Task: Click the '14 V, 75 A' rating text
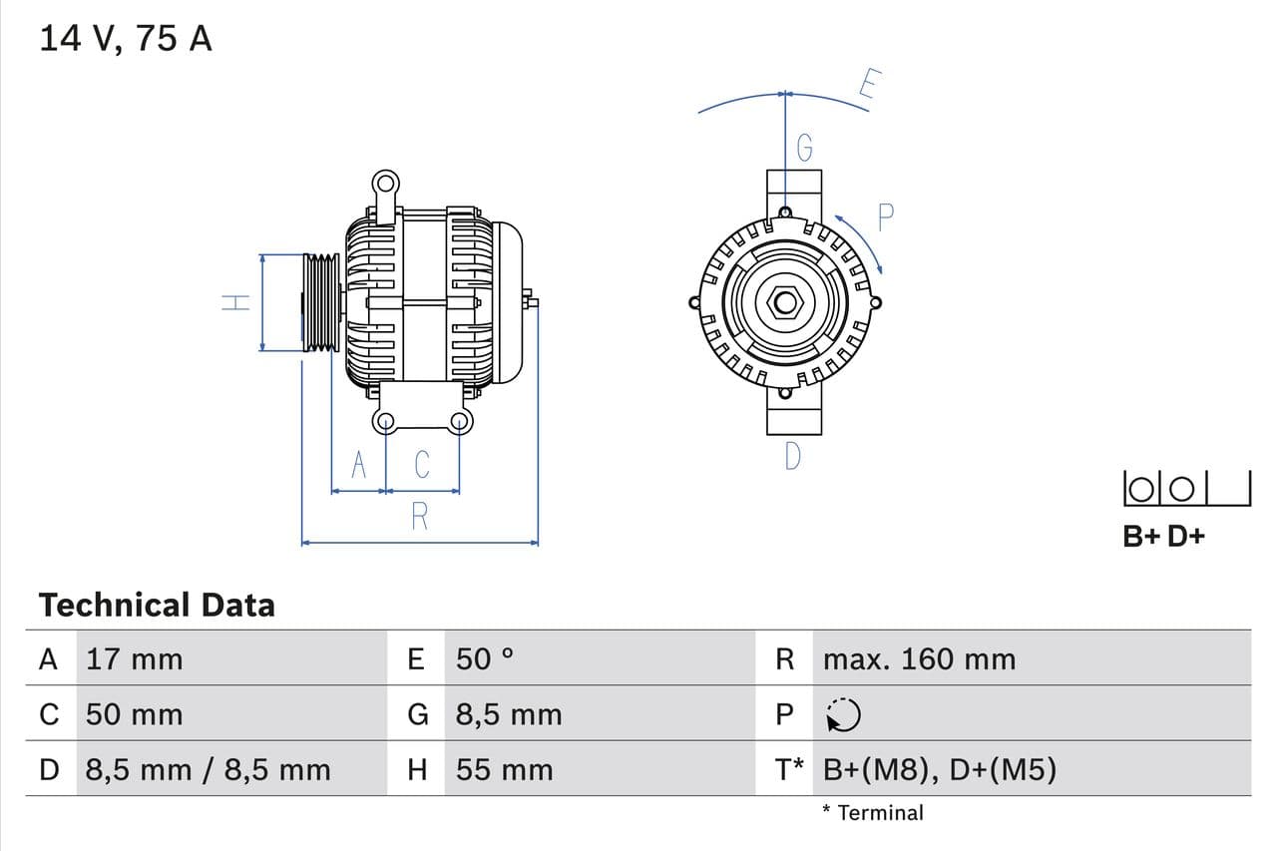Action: [x=125, y=38]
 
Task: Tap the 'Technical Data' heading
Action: [x=157, y=605]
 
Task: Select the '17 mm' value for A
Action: [x=135, y=658]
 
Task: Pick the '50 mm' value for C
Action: [x=135, y=714]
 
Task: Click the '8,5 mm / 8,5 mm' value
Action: [x=208, y=769]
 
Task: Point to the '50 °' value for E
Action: [x=485, y=658]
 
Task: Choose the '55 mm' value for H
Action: [x=504, y=769]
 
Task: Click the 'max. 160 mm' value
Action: [x=919, y=658]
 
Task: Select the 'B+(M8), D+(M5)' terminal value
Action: [x=939, y=769]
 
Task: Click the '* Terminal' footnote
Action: [x=873, y=812]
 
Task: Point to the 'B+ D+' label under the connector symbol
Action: [x=1163, y=536]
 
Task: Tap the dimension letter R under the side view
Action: [x=419, y=517]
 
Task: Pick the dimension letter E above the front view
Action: [x=868, y=86]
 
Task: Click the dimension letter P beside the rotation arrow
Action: [x=885, y=216]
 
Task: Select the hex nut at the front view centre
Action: [x=784, y=302]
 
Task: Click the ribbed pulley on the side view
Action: [x=321, y=302]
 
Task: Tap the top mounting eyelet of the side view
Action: [x=385, y=184]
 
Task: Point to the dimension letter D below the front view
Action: [x=792, y=456]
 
